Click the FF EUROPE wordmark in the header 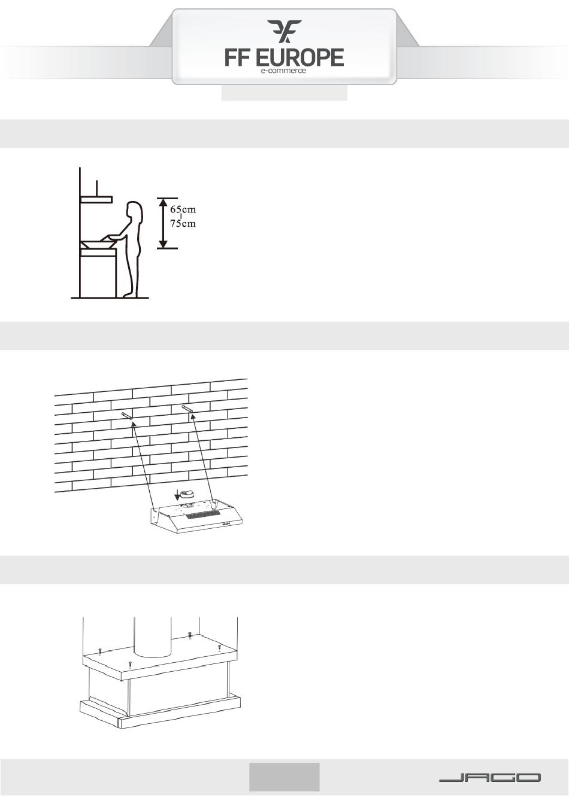click(284, 58)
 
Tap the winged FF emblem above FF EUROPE click(284, 32)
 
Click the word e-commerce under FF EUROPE click(283, 71)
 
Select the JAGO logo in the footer click(489, 778)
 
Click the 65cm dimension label click(183, 209)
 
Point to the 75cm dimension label click(183, 224)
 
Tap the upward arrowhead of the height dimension click(164, 202)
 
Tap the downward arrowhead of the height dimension click(164, 244)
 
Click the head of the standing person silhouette click(134, 209)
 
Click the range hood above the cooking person click(96, 199)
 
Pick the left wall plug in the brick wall click(127, 415)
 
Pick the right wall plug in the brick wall click(188, 409)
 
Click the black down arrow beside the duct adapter click(177, 496)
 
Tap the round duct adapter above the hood click(187, 494)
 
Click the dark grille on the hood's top click(202, 516)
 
